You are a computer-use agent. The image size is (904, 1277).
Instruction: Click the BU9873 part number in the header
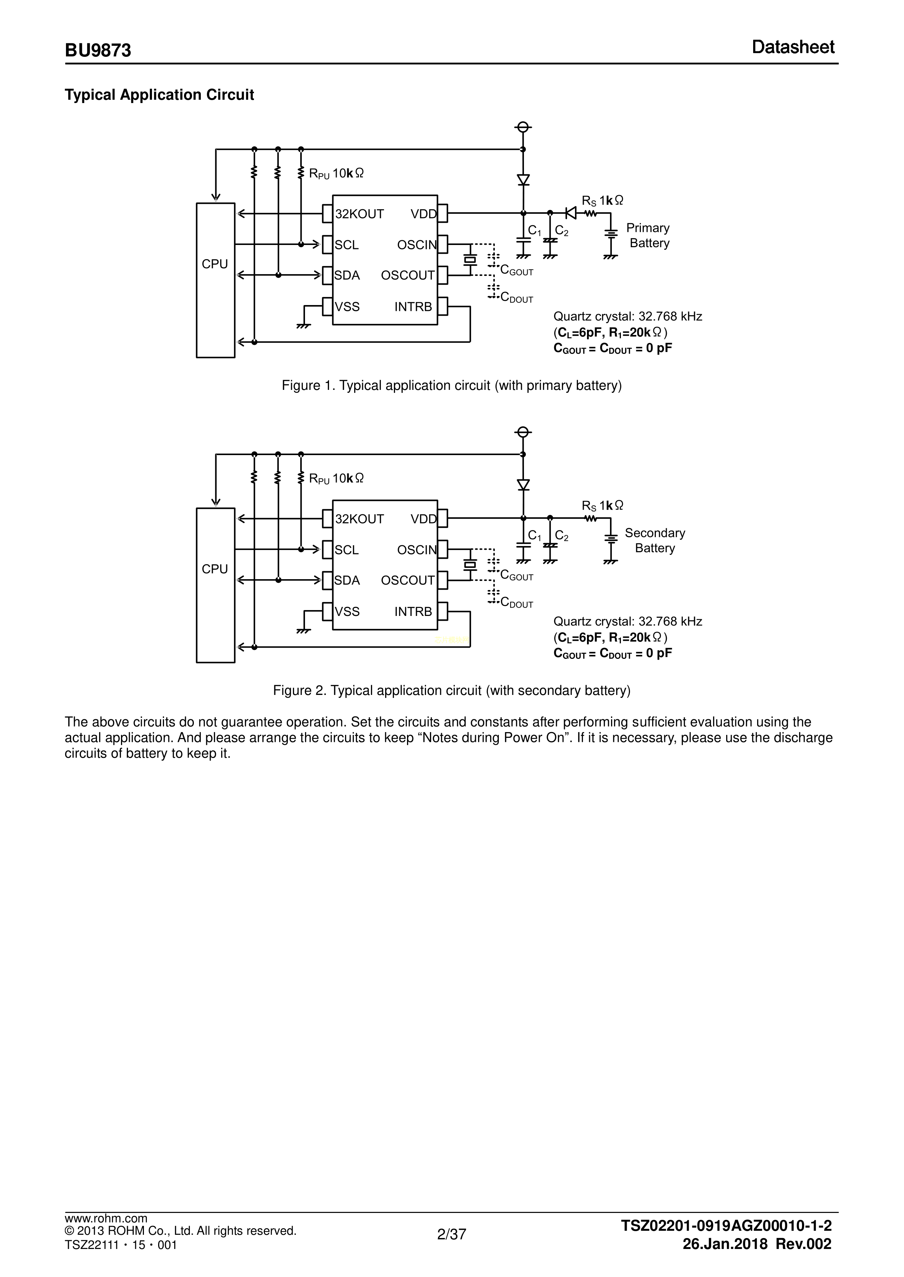click(98, 50)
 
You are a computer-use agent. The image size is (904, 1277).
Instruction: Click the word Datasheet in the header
click(793, 47)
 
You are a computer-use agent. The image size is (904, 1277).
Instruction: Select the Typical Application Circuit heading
click(159, 95)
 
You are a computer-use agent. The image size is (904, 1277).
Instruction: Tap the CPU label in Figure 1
click(215, 264)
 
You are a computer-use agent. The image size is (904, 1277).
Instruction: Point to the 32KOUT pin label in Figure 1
click(360, 214)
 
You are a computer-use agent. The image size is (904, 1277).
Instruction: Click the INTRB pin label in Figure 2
click(413, 612)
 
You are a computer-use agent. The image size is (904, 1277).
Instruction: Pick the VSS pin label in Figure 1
click(347, 307)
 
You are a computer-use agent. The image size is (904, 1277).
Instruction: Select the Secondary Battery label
click(655, 541)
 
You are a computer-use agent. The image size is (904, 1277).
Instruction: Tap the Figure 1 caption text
click(451, 386)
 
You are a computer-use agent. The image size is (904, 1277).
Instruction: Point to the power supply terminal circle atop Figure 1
click(523, 127)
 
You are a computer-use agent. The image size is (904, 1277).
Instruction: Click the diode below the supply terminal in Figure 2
click(523, 485)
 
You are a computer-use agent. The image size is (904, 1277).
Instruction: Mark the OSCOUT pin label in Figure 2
click(407, 581)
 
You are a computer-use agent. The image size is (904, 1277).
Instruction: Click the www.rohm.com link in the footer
click(106, 1234)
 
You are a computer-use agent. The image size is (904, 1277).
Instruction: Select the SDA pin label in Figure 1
click(347, 276)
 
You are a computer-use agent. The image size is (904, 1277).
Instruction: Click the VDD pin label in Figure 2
click(424, 519)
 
